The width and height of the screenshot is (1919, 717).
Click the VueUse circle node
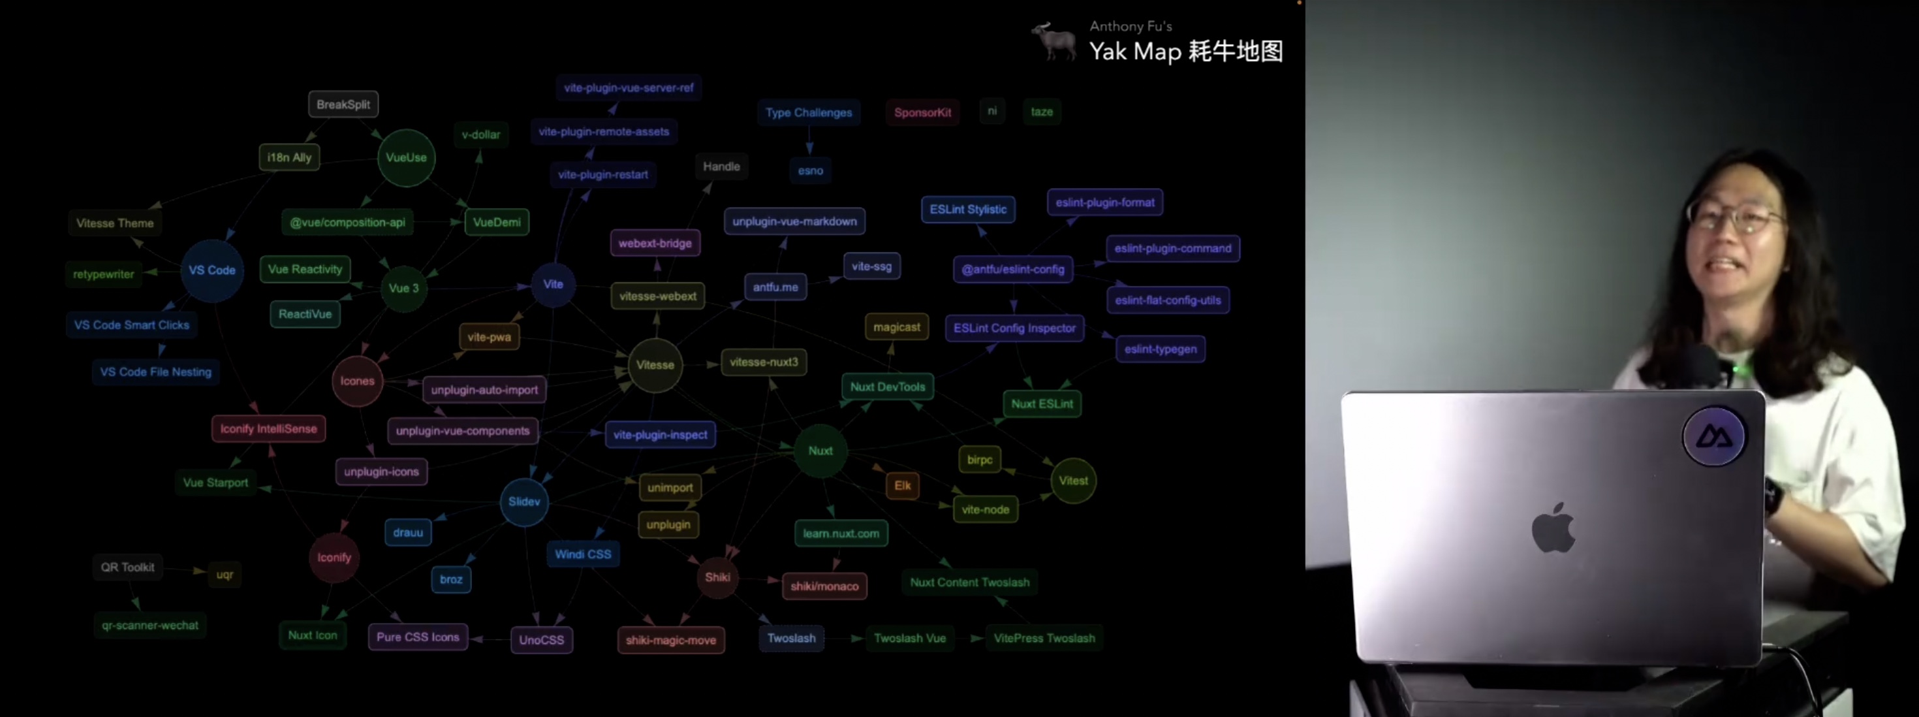tap(406, 158)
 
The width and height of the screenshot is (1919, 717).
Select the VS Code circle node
tap(211, 270)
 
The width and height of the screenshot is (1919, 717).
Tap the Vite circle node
tap(553, 285)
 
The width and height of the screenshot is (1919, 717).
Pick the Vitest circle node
tap(1072, 481)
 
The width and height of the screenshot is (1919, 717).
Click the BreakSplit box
tap(343, 104)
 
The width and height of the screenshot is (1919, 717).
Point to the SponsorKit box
tap(922, 112)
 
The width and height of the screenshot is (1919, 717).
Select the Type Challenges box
tap(808, 112)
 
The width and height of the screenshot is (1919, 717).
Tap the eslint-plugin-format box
tap(1105, 202)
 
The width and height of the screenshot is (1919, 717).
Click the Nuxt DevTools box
tap(887, 387)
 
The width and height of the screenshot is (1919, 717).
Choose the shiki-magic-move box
tap(670, 640)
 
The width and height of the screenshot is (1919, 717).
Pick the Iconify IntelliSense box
tap(268, 429)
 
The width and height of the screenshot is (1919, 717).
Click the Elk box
tap(902, 486)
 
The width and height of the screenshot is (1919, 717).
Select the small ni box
tap(991, 111)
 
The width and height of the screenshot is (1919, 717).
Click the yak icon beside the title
tap(1053, 40)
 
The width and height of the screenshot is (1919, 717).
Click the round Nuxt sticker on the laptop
tap(1713, 436)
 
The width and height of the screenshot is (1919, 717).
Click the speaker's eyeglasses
tap(1736, 217)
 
